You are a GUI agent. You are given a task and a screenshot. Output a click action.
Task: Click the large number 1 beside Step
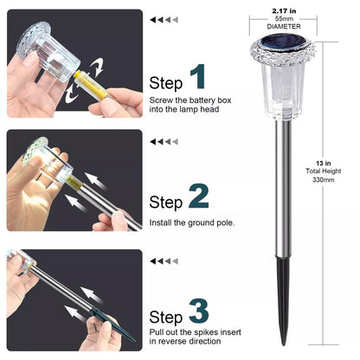[198, 77]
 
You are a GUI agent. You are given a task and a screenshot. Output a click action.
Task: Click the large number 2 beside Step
[199, 196]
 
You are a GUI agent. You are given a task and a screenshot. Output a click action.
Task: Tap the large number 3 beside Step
[199, 311]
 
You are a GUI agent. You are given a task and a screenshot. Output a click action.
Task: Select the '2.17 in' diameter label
[284, 11]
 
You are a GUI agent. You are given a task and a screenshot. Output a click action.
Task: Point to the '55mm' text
[284, 19]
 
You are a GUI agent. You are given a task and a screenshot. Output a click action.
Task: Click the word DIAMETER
[284, 27]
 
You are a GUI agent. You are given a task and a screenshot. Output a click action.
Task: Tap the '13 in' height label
[324, 164]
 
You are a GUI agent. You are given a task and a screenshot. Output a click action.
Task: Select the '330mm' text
[324, 180]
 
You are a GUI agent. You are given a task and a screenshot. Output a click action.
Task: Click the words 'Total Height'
[324, 171]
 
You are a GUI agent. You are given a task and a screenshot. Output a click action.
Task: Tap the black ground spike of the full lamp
[284, 300]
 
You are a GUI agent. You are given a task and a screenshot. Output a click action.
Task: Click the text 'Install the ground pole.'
[192, 222]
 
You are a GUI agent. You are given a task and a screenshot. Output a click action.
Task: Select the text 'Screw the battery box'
[190, 100]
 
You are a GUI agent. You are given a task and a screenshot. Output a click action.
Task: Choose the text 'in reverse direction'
[185, 341]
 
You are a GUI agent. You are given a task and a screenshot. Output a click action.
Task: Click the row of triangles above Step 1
[164, 20]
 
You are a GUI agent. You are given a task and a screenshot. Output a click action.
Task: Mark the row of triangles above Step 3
[164, 261]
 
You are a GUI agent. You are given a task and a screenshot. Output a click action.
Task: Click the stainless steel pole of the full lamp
[283, 189]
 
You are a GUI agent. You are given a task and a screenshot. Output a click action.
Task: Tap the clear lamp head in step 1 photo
[48, 52]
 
